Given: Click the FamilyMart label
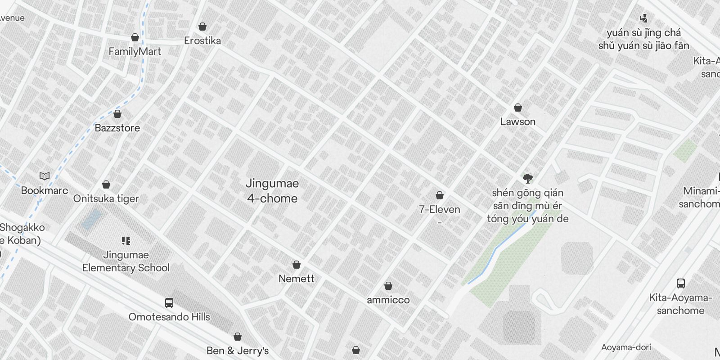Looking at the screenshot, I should (135, 52).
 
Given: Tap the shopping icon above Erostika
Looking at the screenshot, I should (202, 27).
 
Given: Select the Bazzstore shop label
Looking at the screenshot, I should (117, 128).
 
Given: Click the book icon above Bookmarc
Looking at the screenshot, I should (45, 176).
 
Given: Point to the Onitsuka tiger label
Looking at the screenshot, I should (106, 198).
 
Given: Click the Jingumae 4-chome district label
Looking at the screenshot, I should (272, 191).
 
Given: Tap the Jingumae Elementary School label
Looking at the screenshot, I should (126, 261).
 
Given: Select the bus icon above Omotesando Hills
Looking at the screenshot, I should (169, 303).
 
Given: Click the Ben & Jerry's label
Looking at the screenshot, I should (238, 351).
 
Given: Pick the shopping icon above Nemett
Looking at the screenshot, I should (297, 265).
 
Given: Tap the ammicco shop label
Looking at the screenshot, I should (388, 300).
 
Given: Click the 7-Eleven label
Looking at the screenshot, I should (440, 210).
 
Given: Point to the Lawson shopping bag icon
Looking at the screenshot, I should (518, 108).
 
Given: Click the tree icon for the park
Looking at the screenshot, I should (528, 179).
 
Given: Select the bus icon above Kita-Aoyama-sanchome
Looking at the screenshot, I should (681, 283).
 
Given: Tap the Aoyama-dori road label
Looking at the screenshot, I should (626, 347).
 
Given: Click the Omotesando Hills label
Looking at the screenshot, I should (169, 317).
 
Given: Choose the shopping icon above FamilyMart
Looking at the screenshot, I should (135, 37).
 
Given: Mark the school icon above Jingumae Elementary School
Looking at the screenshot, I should (126, 241).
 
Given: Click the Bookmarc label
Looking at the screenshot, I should (45, 190).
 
